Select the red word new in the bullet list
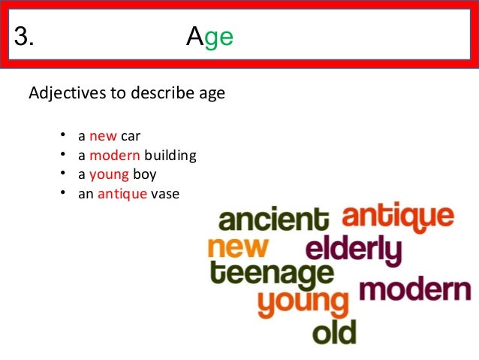103,137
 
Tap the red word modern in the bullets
114,156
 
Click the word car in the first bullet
131,137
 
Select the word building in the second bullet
170,156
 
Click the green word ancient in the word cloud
273,221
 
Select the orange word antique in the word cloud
398,217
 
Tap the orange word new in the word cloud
236,247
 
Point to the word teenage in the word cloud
272,275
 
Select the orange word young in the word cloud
303,302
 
